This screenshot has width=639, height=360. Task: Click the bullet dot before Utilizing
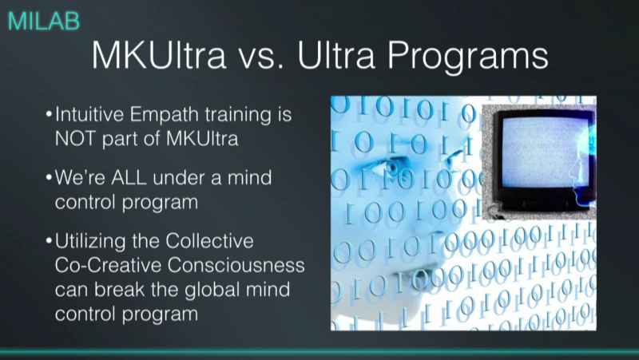pos(50,240)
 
